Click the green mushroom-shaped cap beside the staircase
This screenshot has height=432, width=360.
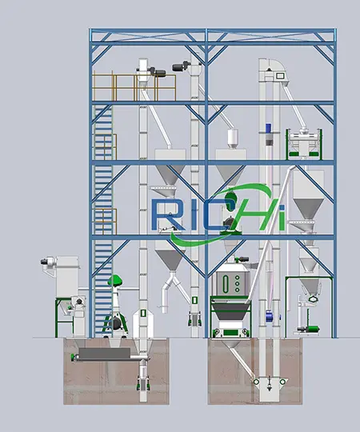[x=115, y=280]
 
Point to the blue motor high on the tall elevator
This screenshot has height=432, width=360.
[x=269, y=129]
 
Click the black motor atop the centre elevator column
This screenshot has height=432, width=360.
[x=181, y=66]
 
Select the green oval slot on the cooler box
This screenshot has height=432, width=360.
[x=226, y=284]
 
